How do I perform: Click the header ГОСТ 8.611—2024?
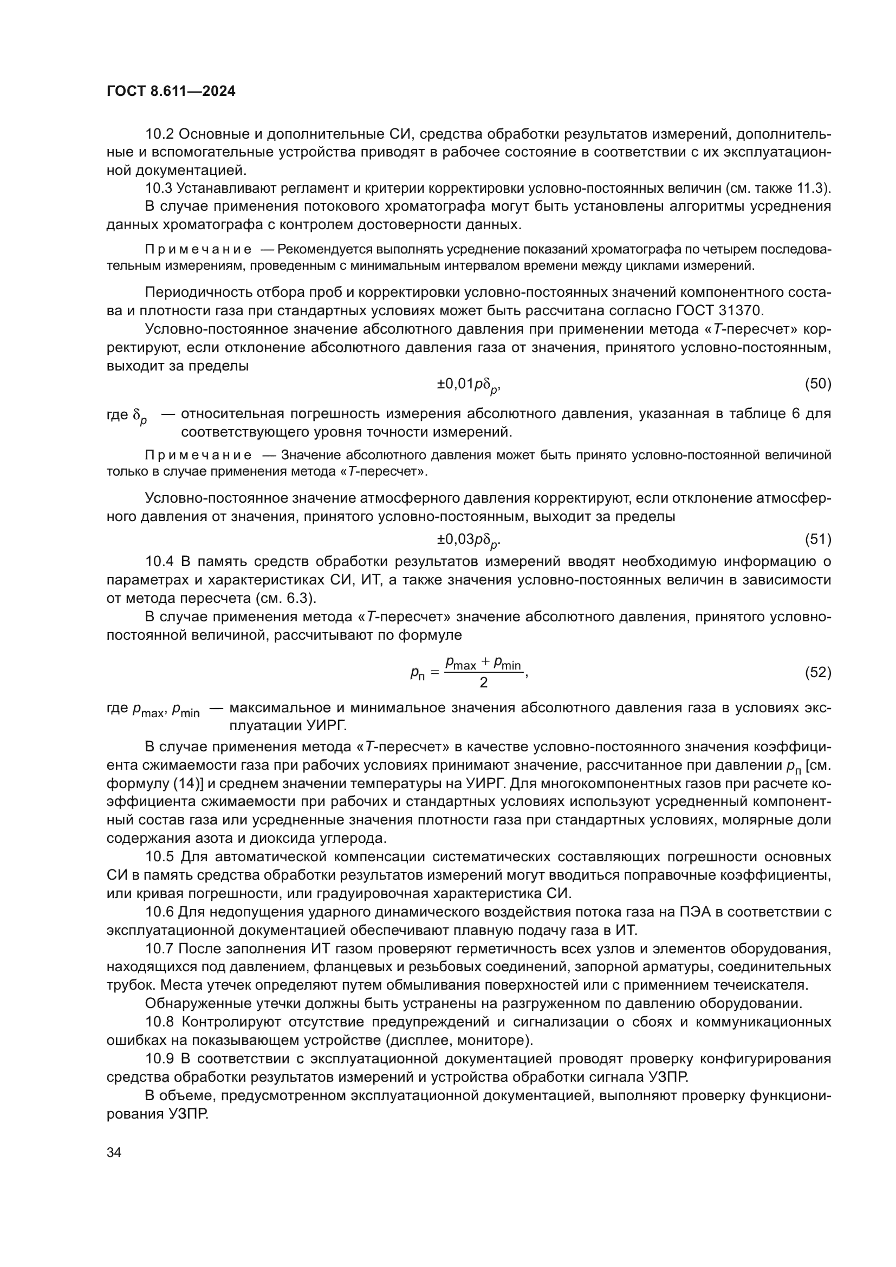(171, 92)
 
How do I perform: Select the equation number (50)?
(817, 384)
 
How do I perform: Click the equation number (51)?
(817, 539)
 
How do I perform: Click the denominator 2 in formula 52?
(483, 683)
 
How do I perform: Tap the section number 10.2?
(159, 134)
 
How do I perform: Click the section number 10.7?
(159, 948)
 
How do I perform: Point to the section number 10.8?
(159, 1022)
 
